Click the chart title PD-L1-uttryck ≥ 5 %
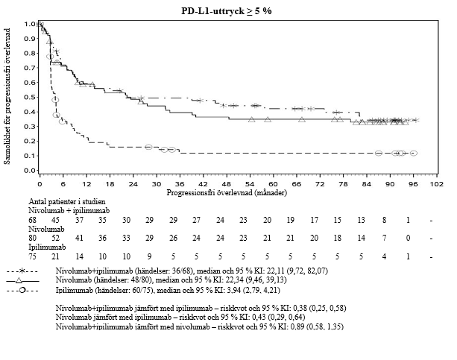point(229,11)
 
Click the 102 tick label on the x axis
point(436,183)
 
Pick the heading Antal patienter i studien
point(67,201)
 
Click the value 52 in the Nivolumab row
point(55,239)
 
